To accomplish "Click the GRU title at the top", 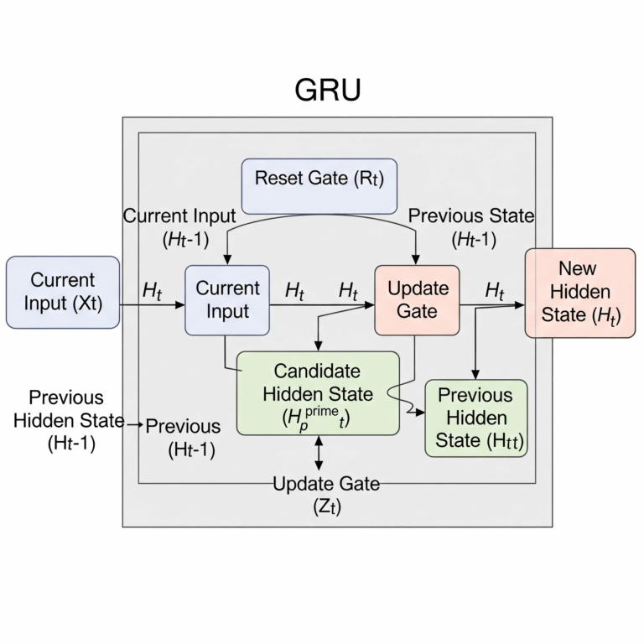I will pos(327,90).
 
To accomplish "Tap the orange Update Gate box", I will pos(417,299).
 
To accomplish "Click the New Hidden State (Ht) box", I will pos(579,293).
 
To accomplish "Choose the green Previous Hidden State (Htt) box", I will pos(475,418).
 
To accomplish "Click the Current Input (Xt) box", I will pos(62,291).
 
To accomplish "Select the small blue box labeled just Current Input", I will pos(227,299).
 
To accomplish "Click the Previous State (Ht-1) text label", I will pos(471,226).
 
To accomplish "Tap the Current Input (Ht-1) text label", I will pos(179,226).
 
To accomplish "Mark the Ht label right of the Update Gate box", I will pos(495,292).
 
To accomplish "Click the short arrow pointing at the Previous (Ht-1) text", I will pos(135,425).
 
